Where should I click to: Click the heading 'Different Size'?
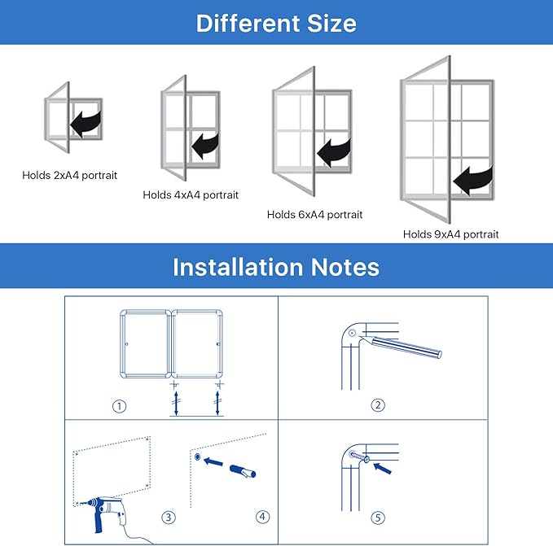pos(276,22)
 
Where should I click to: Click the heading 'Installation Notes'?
pos(276,266)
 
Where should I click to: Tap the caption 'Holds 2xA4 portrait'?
pos(70,175)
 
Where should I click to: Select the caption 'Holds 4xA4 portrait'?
pos(191,195)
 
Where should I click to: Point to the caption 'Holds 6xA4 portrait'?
pos(314,215)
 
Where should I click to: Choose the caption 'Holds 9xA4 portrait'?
pos(450,234)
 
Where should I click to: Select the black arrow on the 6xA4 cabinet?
pos(334,151)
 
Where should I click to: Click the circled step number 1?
pos(120,406)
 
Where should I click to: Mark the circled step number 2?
pos(378,405)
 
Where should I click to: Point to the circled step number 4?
pos(261,517)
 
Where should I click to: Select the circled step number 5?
pos(378,517)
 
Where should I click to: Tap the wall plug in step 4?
pos(244,471)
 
